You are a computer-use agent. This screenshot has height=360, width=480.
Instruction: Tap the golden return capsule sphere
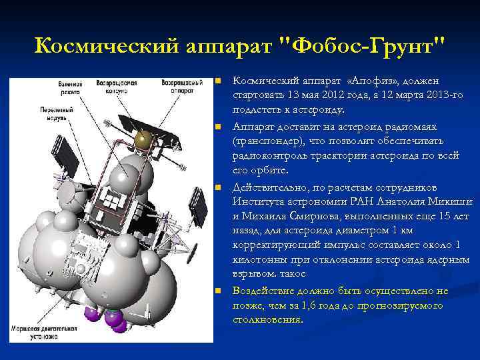point(142,139)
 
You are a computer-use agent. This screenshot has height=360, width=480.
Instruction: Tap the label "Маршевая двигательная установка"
point(43,333)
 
